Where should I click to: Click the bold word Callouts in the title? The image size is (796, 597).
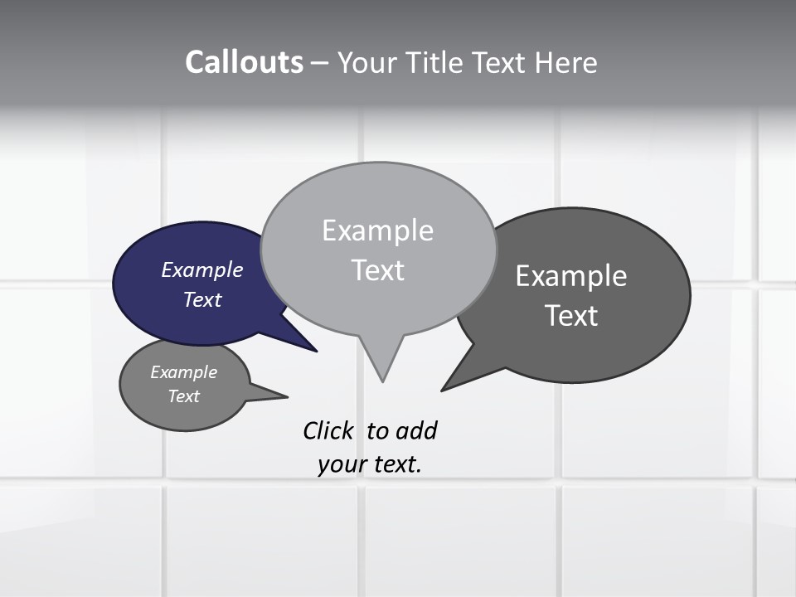click(x=244, y=63)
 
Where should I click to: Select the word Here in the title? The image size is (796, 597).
click(x=566, y=63)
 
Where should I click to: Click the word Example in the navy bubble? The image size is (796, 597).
click(x=202, y=270)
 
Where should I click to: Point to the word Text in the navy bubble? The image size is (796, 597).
click(x=202, y=299)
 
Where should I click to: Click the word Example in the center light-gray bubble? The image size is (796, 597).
click(x=377, y=231)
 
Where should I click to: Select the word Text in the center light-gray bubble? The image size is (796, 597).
click(x=377, y=270)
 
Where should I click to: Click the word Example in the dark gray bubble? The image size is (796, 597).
click(x=571, y=276)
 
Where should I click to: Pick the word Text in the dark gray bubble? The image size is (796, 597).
click(x=571, y=316)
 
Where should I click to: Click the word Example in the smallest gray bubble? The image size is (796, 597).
click(x=184, y=372)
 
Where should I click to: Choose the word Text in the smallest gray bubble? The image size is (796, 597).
click(x=184, y=396)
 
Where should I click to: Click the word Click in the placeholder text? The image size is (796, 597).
click(x=328, y=431)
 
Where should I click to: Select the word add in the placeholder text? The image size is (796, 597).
click(x=416, y=431)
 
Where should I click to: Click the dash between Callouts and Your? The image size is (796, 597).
click(x=321, y=63)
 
